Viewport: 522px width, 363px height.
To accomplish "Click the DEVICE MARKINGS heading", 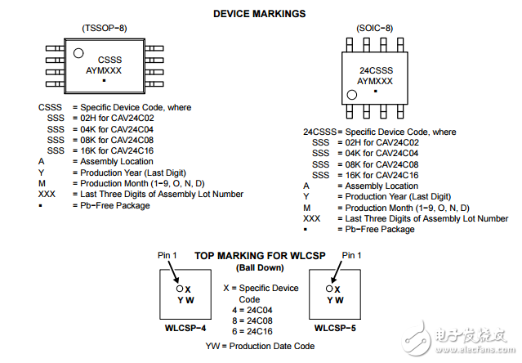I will click(x=259, y=14).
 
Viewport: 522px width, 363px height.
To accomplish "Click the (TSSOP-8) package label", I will click(x=103, y=28).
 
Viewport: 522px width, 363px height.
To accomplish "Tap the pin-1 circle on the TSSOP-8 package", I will click(x=78, y=53).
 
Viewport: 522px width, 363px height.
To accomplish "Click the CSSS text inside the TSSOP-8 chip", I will click(x=109, y=60).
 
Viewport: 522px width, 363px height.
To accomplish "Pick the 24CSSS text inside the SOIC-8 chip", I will click(x=375, y=71).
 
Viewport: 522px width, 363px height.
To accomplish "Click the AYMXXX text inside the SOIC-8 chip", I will click(x=375, y=82).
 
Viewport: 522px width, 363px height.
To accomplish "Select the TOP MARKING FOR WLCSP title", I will click(x=259, y=256).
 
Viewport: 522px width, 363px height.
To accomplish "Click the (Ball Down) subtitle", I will click(x=259, y=267).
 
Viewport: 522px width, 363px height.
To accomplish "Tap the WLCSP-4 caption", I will click(x=185, y=328).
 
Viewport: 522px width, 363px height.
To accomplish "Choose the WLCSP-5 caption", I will click(x=335, y=328).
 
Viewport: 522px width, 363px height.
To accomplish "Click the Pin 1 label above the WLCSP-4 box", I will click(x=167, y=256).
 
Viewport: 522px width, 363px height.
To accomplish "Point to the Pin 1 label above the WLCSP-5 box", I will click(x=351, y=256).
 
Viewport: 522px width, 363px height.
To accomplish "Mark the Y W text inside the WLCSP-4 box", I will click(x=184, y=299).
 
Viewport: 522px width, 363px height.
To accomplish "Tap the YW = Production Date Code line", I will click(x=259, y=346).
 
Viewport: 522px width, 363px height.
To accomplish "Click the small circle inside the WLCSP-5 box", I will click(x=329, y=289).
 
